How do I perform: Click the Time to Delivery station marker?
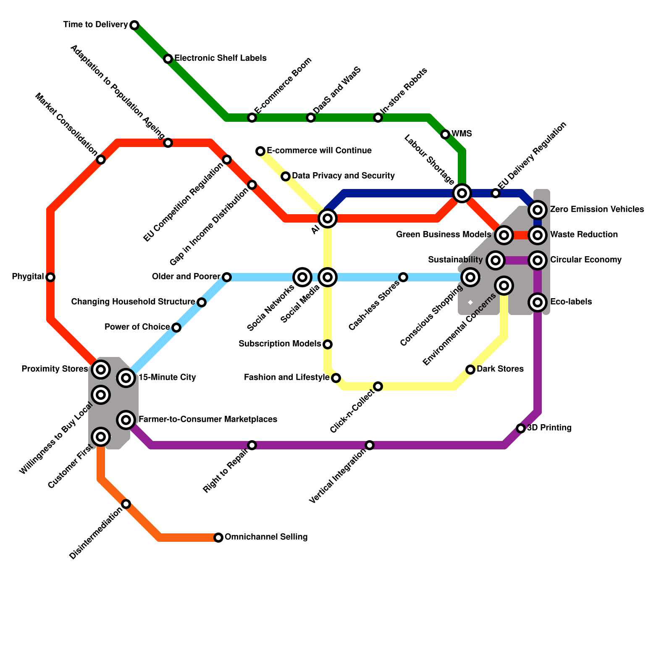pos(134,25)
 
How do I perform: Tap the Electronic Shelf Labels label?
pos(220,58)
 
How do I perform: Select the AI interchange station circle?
pos(328,218)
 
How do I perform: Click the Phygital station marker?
pos(50,277)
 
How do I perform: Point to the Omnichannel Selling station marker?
pos(218,538)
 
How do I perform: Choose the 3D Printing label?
pos(549,428)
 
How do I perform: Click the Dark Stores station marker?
pos(470,370)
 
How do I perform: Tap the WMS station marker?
pos(445,134)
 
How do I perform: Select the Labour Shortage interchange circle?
pos(462,193)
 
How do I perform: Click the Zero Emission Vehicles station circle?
pos(538,209)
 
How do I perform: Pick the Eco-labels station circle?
pos(538,302)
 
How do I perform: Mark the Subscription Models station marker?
pos(328,344)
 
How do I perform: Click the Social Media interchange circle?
pos(328,277)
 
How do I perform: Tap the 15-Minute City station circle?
pos(126,378)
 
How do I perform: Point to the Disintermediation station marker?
pos(126,504)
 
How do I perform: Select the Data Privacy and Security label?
pos(343,176)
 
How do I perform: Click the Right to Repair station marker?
pos(252,445)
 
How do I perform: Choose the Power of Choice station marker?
pos(176,328)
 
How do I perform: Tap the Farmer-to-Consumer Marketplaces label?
pos(207,419)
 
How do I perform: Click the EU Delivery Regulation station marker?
pos(496,193)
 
